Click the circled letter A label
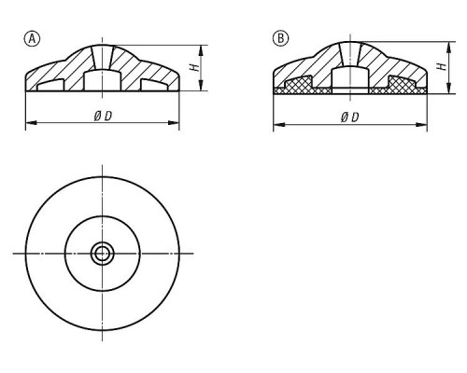click(32, 39)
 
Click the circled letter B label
click(280, 38)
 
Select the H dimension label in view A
click(195, 67)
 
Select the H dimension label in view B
click(442, 66)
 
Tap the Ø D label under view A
click(103, 117)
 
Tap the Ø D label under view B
click(350, 117)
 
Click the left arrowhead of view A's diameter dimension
click(31, 123)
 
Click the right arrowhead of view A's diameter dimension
click(174, 123)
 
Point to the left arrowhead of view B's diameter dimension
click(279, 125)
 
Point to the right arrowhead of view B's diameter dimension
click(421, 125)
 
